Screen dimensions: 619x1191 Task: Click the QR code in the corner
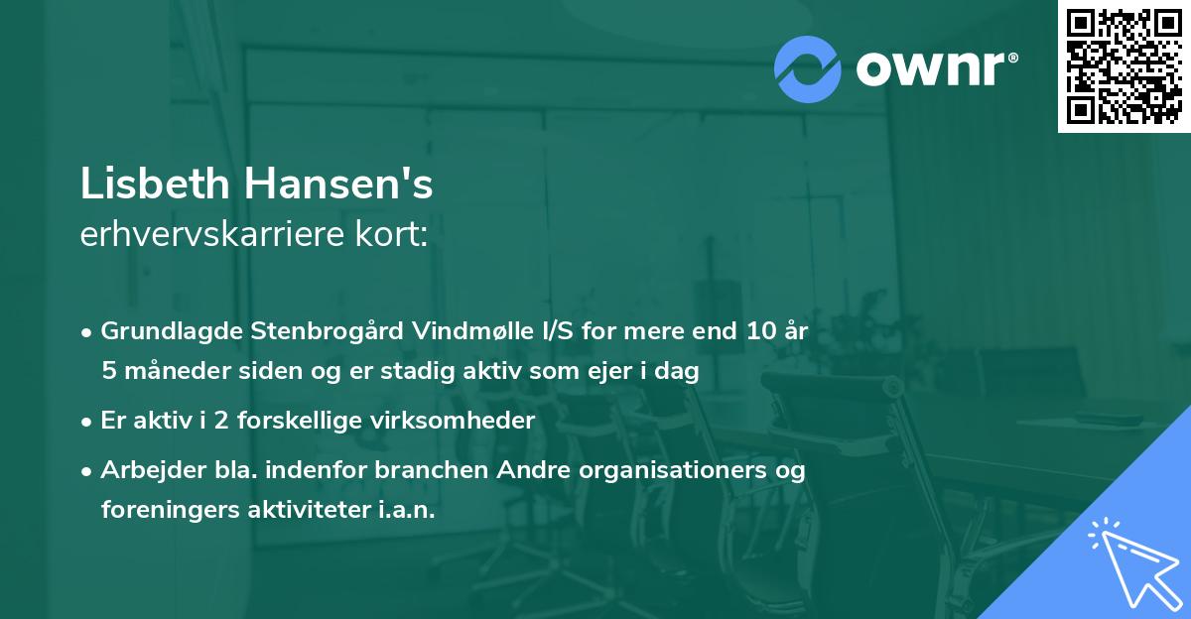pyautogui.click(x=1125, y=66)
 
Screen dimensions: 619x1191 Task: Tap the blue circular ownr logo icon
pyautogui.click(x=808, y=67)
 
